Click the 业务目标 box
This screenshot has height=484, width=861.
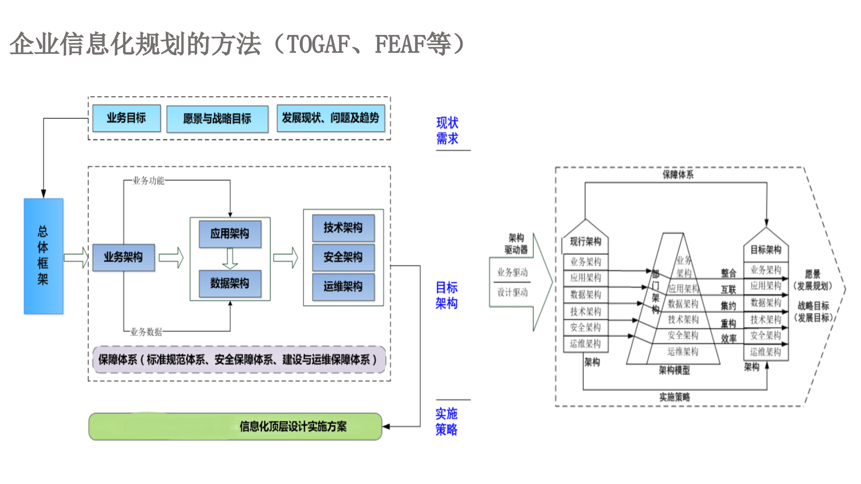coord(126,118)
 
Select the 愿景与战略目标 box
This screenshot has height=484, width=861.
coord(217,119)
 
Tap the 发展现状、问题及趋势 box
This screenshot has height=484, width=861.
coord(331,118)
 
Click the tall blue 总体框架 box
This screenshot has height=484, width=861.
coord(43,256)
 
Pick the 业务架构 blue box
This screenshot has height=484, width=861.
coord(123,257)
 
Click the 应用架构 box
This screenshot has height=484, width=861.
coord(230,234)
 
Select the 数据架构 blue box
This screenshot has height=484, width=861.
coord(230,284)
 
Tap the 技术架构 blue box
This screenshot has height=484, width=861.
coord(343,228)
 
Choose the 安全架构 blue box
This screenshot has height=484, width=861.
coord(343,257)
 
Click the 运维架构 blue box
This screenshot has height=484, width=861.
coord(343,287)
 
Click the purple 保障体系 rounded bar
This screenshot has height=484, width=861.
coord(239,360)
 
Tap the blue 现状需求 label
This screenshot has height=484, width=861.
coord(447,131)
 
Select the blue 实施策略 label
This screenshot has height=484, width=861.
coord(446,421)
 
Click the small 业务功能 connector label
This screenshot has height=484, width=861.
coord(148,181)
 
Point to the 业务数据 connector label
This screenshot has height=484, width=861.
coord(146,332)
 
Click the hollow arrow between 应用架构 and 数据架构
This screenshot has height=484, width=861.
coord(230,259)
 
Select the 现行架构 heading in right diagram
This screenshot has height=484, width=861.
coord(586,241)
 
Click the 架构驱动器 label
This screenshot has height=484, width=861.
coord(516,244)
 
